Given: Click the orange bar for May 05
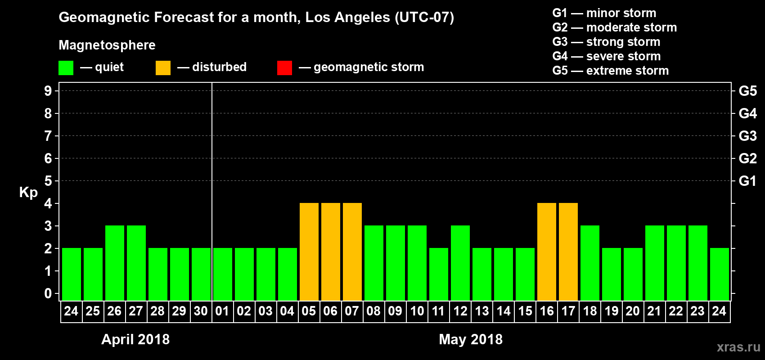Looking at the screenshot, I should coord(309,252).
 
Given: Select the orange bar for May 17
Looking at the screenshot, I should coord(568,252).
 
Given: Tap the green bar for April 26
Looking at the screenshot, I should coord(114,263).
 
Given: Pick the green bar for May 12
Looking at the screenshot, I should coord(460,263).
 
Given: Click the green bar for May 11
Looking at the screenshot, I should coord(438,274).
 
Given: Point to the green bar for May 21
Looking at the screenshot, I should coord(654,263).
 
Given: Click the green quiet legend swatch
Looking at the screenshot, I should coord(66,68).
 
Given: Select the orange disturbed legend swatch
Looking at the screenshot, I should coord(163,68).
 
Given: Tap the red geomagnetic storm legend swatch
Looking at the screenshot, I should coord(284,68).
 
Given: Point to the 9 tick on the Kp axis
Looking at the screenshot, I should coord(48,91).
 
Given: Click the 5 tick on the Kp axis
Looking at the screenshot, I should coord(48,181).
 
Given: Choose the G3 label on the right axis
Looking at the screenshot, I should coord(747,136).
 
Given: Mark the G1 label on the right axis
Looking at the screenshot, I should coord(747,181).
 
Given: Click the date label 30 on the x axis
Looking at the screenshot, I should coord(201,311).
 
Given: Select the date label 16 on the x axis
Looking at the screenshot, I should coord(546,311).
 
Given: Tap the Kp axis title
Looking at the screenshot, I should coord(28,192).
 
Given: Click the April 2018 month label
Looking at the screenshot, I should coord(135,339).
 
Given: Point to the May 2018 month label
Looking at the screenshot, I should coord(471,339).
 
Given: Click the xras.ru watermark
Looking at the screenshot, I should coord(738,347).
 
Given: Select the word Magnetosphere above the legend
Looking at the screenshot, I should coord(107,45).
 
